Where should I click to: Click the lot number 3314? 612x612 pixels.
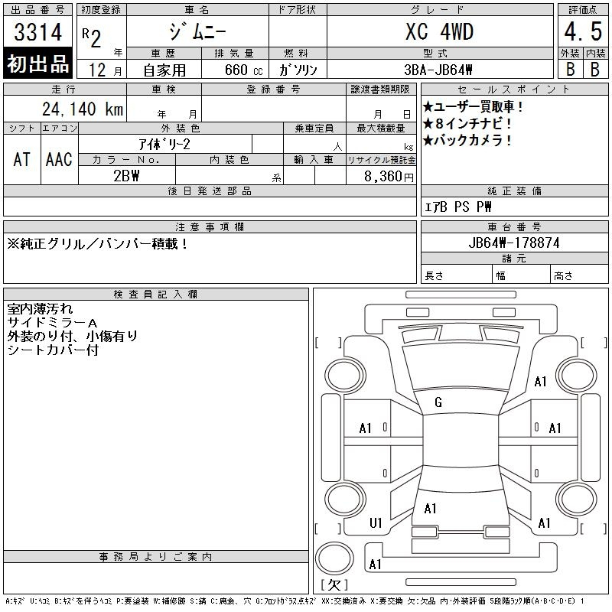37,32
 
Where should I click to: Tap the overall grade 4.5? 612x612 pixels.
583,31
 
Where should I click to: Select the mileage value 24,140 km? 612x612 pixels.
83,109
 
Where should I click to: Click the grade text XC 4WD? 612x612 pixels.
439,31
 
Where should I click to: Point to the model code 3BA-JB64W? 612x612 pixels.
438,70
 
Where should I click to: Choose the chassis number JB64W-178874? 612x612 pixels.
514,243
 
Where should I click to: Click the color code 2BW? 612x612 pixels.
126,176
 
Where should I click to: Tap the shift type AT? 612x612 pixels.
22,160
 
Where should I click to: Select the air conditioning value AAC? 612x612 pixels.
59,160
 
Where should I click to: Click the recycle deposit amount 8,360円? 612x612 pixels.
389,177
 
